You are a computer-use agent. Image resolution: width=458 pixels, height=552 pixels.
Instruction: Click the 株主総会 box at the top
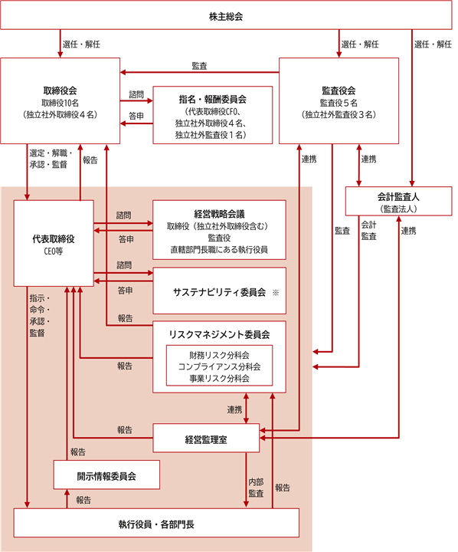click(226, 15)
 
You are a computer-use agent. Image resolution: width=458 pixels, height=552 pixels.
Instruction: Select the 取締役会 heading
click(60, 90)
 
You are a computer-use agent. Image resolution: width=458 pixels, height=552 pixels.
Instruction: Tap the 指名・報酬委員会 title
click(212, 99)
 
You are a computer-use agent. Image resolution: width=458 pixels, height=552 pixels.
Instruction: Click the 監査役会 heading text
click(339, 90)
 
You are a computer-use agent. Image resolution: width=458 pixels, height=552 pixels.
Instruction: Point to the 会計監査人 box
click(398, 201)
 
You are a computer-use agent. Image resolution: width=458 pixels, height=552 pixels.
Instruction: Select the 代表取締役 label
click(54, 239)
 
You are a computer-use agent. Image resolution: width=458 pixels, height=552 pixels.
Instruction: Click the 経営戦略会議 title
click(219, 214)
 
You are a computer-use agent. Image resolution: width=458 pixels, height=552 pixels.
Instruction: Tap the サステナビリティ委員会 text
click(219, 292)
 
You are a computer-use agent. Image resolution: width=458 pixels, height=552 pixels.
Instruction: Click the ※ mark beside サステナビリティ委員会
click(276, 292)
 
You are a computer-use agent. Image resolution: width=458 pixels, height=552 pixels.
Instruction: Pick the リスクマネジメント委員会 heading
click(219, 334)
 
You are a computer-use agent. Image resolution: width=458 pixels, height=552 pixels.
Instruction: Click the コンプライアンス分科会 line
click(219, 366)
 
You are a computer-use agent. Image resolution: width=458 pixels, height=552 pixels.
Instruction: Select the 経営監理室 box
click(206, 438)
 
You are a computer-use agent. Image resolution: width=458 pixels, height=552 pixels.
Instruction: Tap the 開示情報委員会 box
click(106, 475)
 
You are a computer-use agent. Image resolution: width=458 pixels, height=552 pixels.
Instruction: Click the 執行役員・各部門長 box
click(156, 523)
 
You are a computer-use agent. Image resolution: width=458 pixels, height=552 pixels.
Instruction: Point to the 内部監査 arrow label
click(256, 488)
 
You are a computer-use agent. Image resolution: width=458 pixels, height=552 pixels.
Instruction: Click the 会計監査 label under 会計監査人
click(368, 230)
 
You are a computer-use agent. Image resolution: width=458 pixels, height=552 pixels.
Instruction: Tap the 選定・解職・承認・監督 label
click(51, 159)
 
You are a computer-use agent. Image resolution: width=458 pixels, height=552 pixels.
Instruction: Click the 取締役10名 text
click(60, 103)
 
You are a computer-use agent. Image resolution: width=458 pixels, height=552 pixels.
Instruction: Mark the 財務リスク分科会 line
click(219, 355)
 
